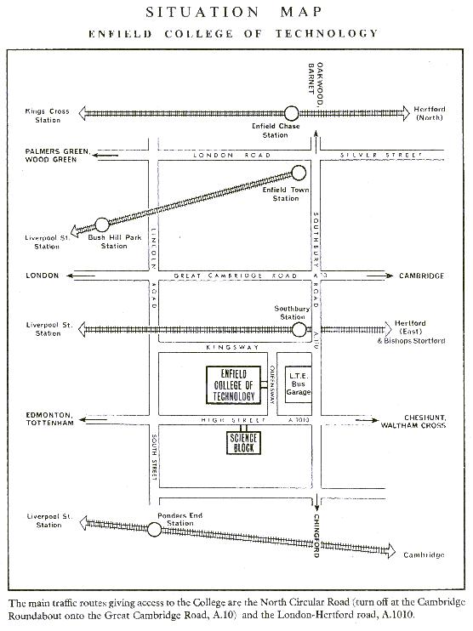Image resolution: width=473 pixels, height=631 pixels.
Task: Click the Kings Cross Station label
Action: (48, 116)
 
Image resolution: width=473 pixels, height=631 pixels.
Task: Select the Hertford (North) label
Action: (430, 113)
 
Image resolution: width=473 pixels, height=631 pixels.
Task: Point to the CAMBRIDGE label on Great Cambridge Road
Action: (421, 276)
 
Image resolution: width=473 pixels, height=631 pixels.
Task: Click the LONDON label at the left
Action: (43, 276)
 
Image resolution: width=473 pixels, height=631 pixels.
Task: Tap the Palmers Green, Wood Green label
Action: (57, 156)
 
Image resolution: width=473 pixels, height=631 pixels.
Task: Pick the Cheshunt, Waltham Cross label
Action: (413, 421)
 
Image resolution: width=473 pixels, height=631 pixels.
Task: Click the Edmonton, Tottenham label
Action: (50, 419)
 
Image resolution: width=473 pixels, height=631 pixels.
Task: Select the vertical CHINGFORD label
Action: (316, 536)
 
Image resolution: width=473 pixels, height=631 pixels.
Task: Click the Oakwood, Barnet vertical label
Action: (316, 83)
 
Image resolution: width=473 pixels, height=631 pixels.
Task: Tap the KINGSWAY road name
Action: (233, 347)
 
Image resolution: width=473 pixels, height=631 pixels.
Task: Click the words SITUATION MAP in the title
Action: (234, 12)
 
